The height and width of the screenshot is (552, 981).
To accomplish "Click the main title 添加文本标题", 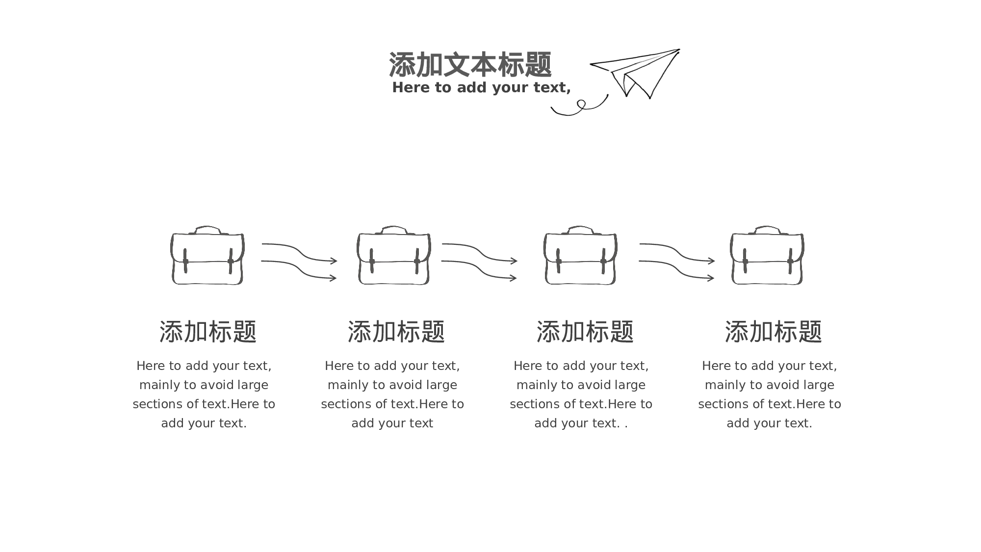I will click(470, 65).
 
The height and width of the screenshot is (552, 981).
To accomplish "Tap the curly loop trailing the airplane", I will click(581, 106).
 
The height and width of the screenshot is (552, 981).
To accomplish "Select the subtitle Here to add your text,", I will click(481, 87).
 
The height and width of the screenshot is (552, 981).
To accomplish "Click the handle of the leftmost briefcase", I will click(207, 229).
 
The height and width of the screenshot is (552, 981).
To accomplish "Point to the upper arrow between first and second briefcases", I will click(299, 252).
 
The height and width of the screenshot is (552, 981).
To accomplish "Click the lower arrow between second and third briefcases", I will click(479, 269).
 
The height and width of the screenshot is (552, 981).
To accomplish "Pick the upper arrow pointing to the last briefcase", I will click(677, 252).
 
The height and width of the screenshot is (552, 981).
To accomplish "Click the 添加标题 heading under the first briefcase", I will click(208, 332).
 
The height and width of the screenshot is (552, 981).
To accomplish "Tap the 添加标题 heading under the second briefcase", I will click(396, 332).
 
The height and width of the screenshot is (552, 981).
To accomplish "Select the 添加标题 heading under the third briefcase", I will click(585, 332).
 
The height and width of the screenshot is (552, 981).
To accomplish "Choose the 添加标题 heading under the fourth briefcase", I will click(773, 332).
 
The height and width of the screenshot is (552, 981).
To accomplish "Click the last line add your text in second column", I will click(392, 423).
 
